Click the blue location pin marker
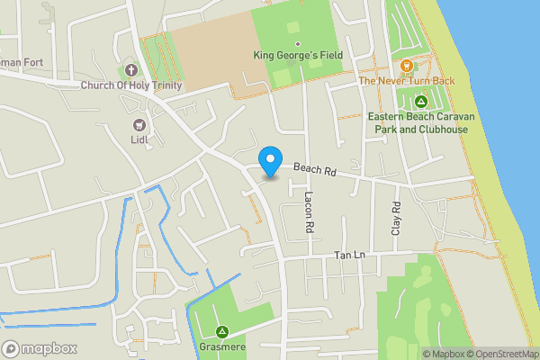point(269,162)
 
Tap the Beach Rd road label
point(314,168)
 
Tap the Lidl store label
point(139,139)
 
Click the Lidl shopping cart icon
point(139,124)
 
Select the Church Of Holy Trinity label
point(130,85)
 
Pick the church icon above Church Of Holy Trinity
point(130,70)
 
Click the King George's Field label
point(297,57)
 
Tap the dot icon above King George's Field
point(297,43)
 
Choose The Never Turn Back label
point(407,81)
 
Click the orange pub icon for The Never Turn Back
point(407,65)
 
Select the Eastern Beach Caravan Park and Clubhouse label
point(418,122)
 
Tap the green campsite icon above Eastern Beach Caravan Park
point(418,101)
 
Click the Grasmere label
point(221,346)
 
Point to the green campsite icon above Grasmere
point(221,330)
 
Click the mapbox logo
point(40,348)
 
